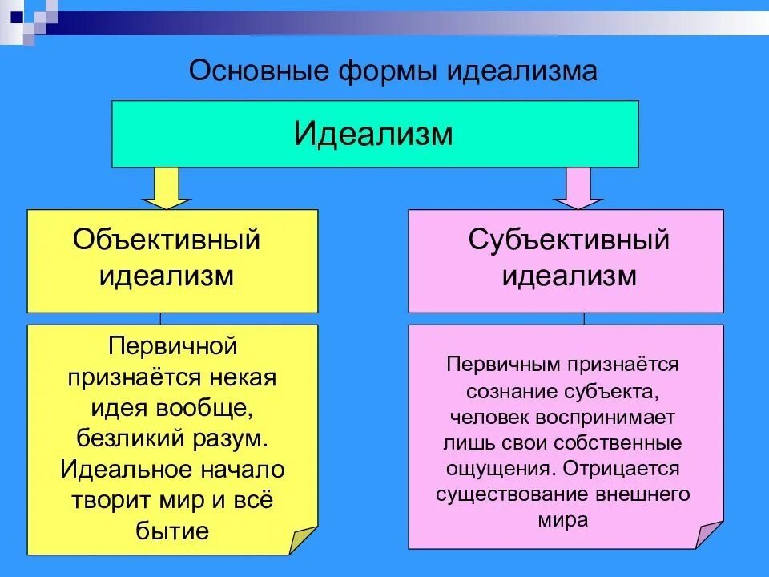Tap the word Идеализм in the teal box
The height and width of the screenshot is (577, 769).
373,133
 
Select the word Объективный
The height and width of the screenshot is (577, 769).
167,239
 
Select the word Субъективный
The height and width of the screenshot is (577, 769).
569,239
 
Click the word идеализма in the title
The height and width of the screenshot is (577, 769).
521,71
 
